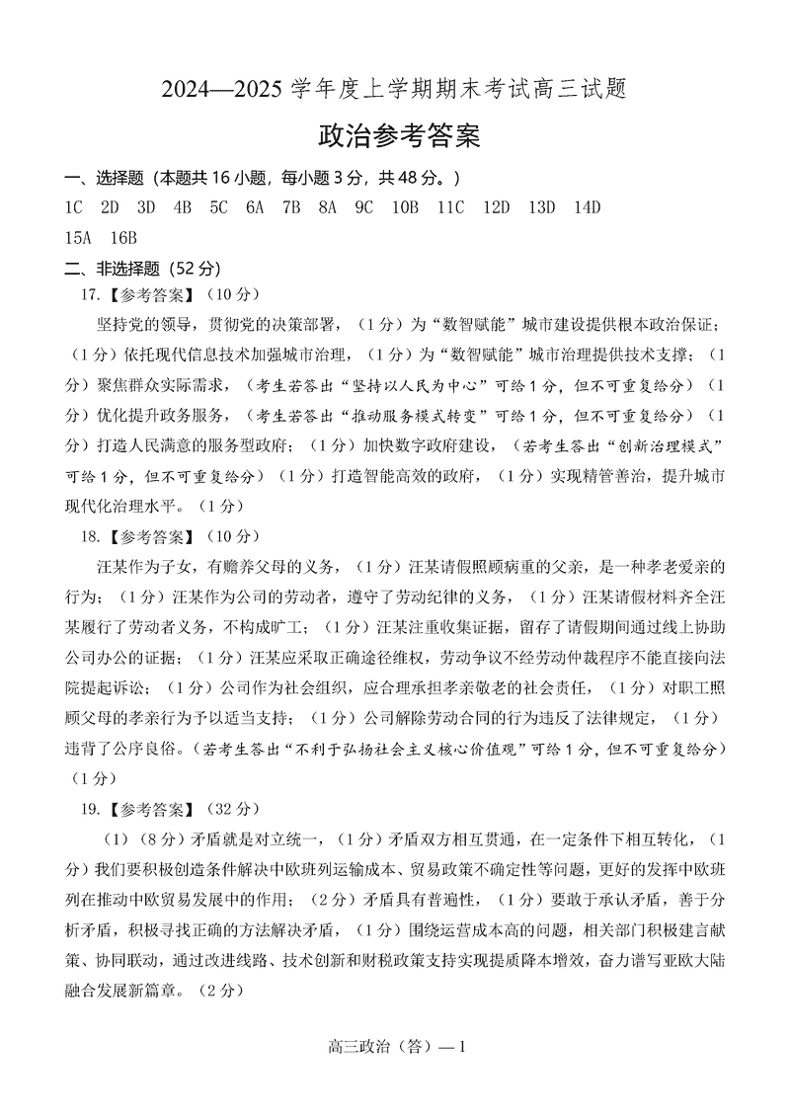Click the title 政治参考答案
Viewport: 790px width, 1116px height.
(x=399, y=136)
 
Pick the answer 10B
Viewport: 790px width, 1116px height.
(x=406, y=207)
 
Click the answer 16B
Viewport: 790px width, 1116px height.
(x=123, y=238)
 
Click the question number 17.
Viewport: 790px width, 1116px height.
(x=92, y=295)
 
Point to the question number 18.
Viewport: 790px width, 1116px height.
(x=92, y=538)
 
